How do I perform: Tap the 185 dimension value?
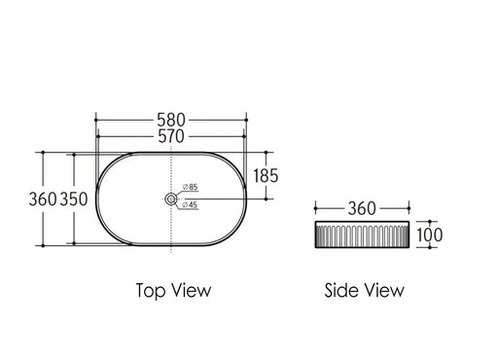(x=265, y=176)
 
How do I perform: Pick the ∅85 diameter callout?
(x=190, y=187)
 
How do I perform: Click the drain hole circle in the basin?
(x=171, y=199)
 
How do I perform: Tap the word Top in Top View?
(x=149, y=289)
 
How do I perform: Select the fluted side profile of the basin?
(x=361, y=237)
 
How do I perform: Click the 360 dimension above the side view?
(x=362, y=207)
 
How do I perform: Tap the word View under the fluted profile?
(x=383, y=289)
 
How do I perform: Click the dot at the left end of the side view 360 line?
(x=314, y=207)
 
